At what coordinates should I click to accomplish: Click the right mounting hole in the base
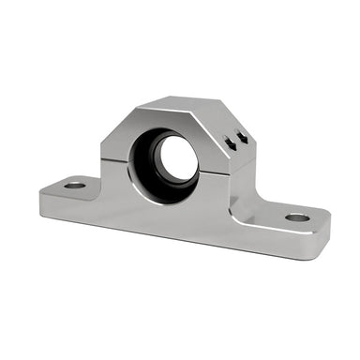pos(297,217)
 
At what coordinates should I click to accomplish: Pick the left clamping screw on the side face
pos(229,142)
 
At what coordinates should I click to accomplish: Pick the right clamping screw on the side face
pos(242,139)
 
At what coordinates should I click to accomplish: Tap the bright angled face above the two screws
pos(230,121)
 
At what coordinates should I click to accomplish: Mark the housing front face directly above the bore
pos(159,120)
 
